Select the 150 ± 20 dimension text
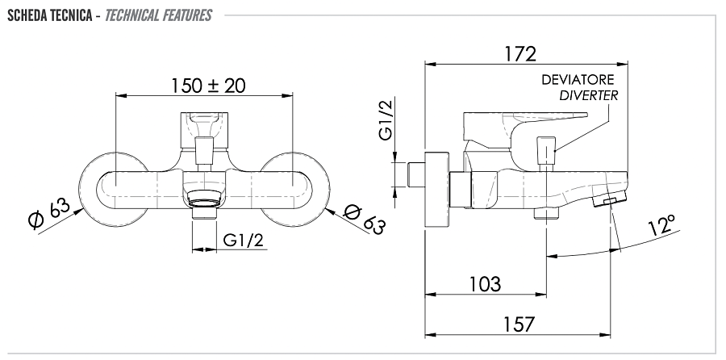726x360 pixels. [208, 85]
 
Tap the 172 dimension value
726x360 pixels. [519, 54]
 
